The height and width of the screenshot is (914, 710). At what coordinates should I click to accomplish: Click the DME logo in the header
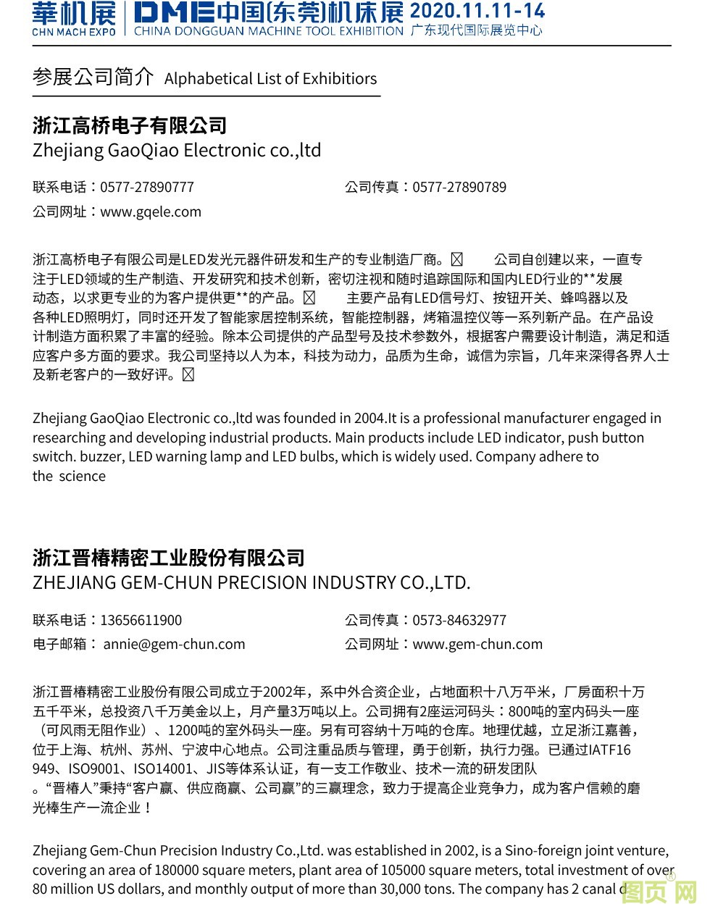click(173, 12)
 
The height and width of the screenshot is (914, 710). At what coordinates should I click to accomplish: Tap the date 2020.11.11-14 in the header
click(477, 10)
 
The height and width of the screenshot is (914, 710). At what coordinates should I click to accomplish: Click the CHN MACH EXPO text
click(73, 32)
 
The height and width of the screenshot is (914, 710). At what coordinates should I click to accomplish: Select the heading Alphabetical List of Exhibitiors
click(270, 79)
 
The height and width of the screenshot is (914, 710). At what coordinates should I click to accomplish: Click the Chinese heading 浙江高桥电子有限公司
click(130, 125)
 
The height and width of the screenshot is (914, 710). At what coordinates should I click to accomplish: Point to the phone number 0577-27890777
click(147, 187)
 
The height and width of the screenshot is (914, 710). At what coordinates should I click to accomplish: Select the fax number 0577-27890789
click(459, 187)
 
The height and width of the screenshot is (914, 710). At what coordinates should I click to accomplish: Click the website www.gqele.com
click(151, 211)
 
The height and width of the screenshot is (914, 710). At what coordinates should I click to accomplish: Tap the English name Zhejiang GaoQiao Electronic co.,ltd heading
click(177, 151)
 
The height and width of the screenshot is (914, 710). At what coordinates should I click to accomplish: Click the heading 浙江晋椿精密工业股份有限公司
click(169, 558)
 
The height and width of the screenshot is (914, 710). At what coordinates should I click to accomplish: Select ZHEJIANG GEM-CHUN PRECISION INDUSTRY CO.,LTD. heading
click(251, 582)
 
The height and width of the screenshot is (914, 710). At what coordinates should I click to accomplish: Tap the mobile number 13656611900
click(141, 620)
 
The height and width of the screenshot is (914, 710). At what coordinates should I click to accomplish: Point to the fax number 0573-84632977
click(459, 620)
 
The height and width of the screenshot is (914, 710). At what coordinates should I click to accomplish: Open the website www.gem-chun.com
click(477, 644)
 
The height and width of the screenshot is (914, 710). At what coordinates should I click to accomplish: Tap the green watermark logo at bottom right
click(659, 892)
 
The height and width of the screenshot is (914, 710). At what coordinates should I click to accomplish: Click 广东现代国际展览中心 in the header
click(476, 31)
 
